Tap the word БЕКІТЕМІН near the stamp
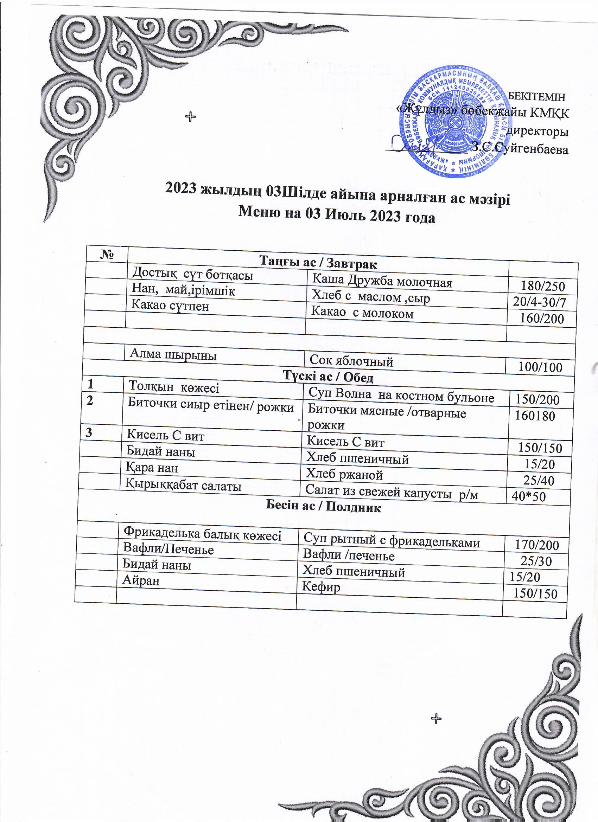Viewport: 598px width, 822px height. point(537,97)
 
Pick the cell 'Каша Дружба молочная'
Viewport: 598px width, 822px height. point(382,281)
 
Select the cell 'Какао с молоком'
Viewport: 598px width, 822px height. point(362,313)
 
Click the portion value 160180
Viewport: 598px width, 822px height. point(535,416)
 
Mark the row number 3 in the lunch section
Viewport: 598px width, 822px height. point(88,434)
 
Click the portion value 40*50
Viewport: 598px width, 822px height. point(528,496)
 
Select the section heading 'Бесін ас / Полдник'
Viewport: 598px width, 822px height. point(324,507)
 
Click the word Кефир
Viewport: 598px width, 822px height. point(321,587)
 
